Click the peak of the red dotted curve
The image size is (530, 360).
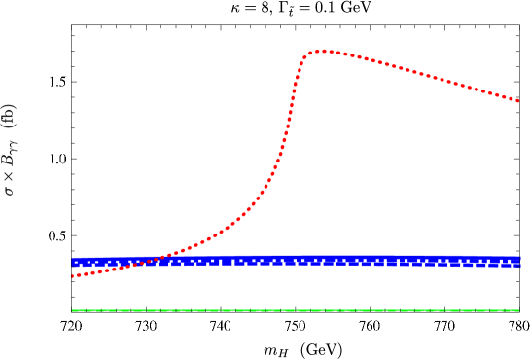point(324,51)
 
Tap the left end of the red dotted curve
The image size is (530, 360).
point(73,275)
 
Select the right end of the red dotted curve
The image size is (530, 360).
point(518,100)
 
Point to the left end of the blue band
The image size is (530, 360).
point(73,262)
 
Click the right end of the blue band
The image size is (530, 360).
point(520,262)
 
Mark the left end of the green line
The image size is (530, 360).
point(73,311)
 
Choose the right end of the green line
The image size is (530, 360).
point(518,311)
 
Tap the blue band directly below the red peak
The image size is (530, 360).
point(324,261)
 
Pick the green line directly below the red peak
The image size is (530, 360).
point(324,311)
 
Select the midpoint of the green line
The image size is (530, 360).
point(296,311)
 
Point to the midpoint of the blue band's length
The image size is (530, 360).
point(297,261)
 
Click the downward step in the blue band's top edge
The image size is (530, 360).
point(477,257)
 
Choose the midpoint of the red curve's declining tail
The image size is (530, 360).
point(421,73)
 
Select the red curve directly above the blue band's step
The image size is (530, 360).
point(477,89)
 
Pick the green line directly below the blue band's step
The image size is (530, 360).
point(477,311)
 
